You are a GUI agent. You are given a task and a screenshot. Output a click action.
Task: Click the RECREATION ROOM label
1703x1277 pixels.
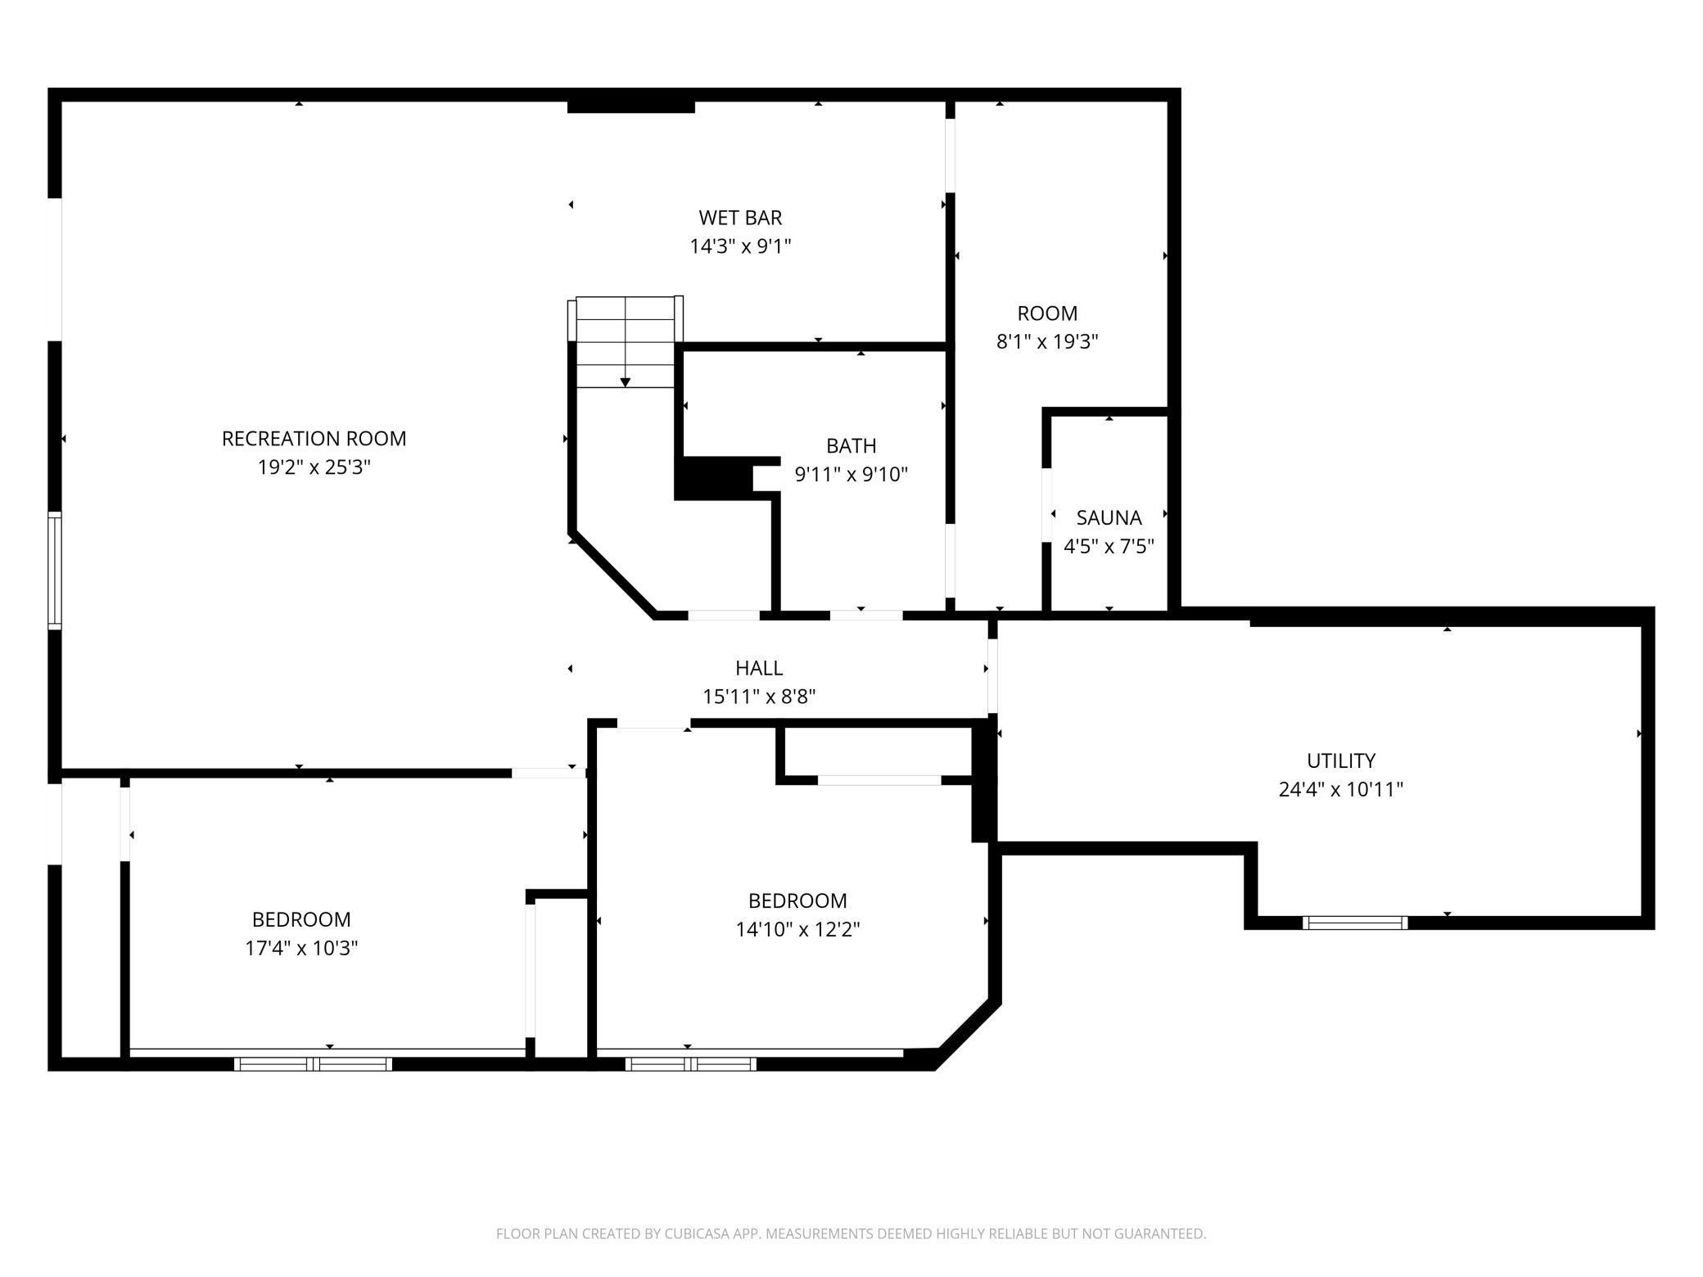click(314, 439)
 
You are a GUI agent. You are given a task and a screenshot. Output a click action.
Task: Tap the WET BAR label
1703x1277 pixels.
click(740, 218)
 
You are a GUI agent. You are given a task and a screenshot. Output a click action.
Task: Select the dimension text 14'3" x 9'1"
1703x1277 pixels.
click(740, 246)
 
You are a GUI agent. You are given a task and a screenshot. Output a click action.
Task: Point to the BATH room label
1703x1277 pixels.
click(851, 446)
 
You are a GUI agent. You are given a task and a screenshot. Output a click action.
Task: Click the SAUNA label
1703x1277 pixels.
click(1109, 518)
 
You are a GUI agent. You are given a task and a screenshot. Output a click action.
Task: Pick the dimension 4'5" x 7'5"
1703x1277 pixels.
click(1109, 547)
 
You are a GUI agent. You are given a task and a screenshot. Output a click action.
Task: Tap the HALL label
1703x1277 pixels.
click(759, 668)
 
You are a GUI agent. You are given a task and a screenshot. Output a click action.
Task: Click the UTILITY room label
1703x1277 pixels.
click(1340, 761)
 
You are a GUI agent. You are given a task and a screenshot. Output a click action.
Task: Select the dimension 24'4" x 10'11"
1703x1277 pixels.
click(1340, 790)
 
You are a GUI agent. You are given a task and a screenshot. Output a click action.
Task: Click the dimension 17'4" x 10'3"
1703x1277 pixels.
click(301, 949)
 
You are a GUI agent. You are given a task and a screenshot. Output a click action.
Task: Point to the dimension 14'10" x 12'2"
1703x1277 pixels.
click(797, 930)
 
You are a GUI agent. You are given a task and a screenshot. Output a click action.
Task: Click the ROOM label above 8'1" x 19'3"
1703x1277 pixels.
click(1047, 314)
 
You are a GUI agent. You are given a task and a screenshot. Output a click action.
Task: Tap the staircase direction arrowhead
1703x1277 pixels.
click(626, 382)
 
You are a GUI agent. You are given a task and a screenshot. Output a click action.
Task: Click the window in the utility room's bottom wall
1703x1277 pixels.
click(1355, 923)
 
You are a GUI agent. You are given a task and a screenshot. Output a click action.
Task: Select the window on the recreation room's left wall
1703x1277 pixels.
click(55, 571)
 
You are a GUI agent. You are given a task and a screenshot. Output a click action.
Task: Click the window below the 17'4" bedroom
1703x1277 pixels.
click(313, 1064)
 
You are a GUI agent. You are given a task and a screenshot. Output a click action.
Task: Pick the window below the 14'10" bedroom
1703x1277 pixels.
click(690, 1064)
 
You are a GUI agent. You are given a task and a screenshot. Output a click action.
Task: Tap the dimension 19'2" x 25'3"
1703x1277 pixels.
click(314, 467)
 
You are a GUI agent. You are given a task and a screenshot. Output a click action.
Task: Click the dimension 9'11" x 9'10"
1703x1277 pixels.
click(851, 475)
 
